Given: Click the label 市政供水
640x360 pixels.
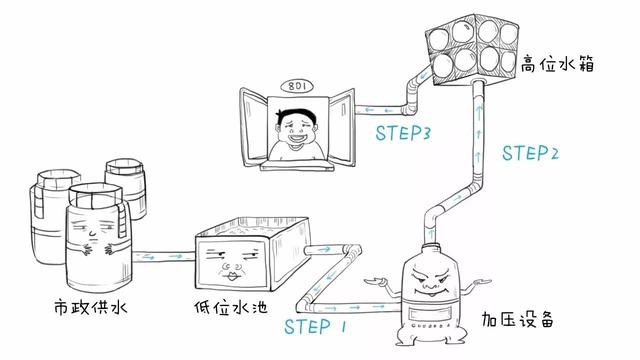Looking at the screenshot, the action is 90,307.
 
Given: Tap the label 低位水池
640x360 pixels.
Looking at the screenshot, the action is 231,307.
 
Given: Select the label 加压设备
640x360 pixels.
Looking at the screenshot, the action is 517,319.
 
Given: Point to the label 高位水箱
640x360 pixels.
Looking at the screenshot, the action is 558,64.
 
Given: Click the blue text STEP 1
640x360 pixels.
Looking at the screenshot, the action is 315,327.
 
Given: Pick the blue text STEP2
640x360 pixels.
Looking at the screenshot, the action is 530,153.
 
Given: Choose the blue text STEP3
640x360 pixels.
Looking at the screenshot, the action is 403,133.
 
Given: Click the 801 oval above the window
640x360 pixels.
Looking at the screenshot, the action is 298,86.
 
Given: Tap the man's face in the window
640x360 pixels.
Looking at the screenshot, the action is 297,129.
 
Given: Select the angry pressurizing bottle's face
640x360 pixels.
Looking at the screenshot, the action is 431,281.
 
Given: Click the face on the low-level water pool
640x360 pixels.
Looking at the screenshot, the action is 231,262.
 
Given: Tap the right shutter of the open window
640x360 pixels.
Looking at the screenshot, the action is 342,127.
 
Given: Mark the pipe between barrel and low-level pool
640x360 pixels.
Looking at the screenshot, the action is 164,257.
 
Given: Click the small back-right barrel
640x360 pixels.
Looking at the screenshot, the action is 126,188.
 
